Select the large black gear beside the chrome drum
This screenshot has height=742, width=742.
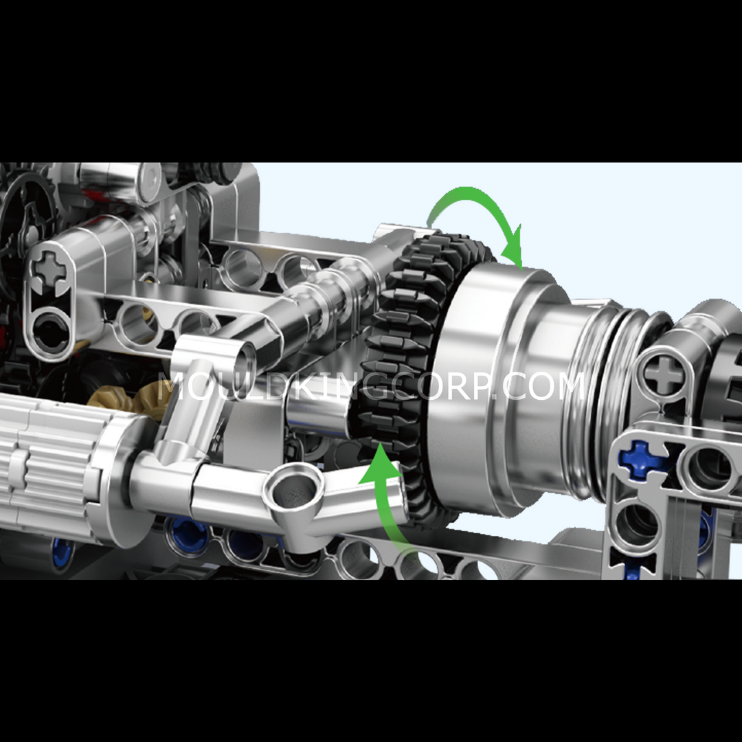click(x=407, y=374)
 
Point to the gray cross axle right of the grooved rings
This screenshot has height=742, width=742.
click(x=664, y=374)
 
